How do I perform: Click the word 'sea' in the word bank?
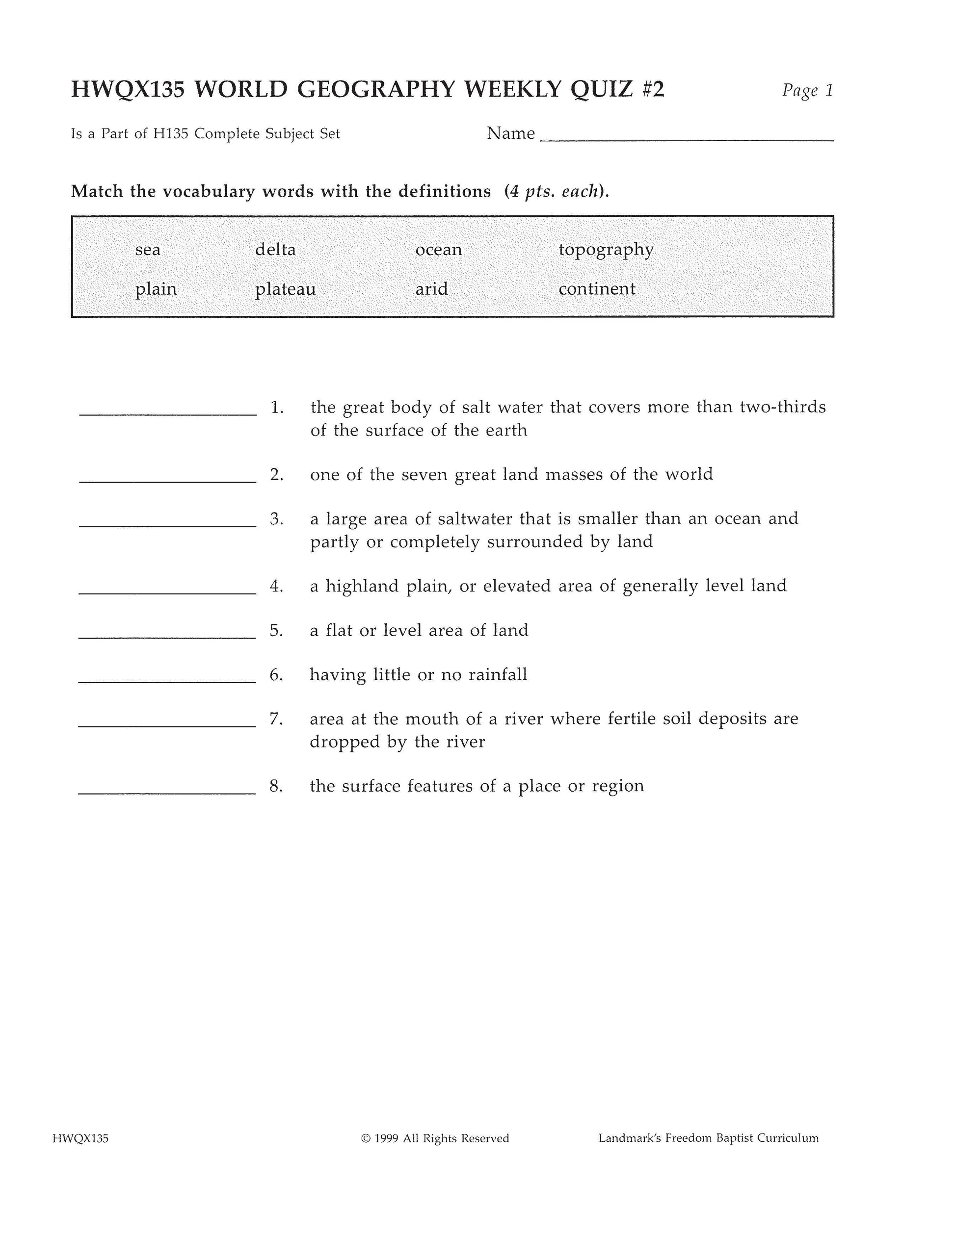[x=148, y=249]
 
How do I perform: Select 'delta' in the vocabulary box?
[x=275, y=249]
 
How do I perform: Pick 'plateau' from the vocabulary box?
[x=285, y=289]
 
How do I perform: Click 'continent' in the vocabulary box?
[x=597, y=289]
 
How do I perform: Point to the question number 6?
[x=276, y=674]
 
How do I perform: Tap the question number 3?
[x=277, y=518]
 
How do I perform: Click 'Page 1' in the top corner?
[x=807, y=90]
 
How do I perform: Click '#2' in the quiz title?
[x=652, y=89]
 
